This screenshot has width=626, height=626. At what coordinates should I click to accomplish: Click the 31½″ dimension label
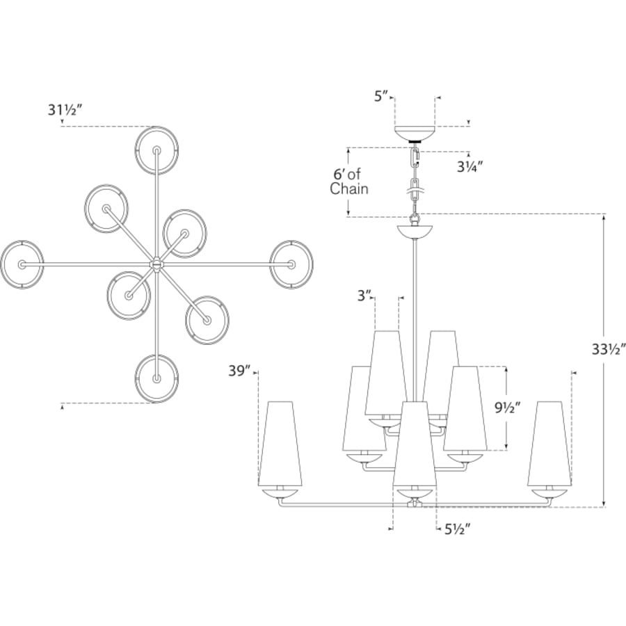coord(65,110)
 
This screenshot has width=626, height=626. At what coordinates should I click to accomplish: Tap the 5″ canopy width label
coord(381,97)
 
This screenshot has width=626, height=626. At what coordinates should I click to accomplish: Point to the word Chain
coord(349,188)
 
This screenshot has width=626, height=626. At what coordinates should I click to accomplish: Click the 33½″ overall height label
coord(609,350)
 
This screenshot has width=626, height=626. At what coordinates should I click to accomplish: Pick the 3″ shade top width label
coord(364,296)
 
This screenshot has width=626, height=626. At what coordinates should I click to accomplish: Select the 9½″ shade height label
coord(508,408)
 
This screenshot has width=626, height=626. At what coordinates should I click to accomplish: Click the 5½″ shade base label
coord(458,530)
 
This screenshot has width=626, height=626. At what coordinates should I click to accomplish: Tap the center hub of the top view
coord(156,264)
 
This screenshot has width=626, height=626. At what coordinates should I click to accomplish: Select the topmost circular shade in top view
coord(157,151)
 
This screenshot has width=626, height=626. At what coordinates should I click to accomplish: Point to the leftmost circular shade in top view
coord(22,264)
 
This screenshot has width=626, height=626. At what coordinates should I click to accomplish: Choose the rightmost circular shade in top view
coord(291,264)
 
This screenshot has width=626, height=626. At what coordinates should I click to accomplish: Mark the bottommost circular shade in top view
coord(156,378)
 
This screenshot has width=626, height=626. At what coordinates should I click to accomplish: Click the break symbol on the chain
coord(415,191)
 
